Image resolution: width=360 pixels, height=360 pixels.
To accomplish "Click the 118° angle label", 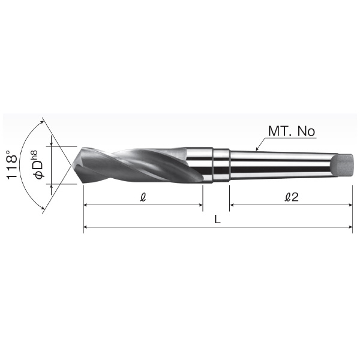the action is pos(12,165).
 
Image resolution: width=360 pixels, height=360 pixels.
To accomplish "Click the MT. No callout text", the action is pos(292,131).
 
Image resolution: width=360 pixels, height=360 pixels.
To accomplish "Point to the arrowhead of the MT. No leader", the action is pos(257,149).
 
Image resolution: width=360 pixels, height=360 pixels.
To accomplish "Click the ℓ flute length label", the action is pos(143,197).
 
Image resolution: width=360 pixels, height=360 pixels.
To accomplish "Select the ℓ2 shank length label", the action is pos(292,197).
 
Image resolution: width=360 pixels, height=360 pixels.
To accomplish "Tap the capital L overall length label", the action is pos(217,220).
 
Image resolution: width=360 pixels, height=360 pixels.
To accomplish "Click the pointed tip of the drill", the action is pos(72,165).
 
